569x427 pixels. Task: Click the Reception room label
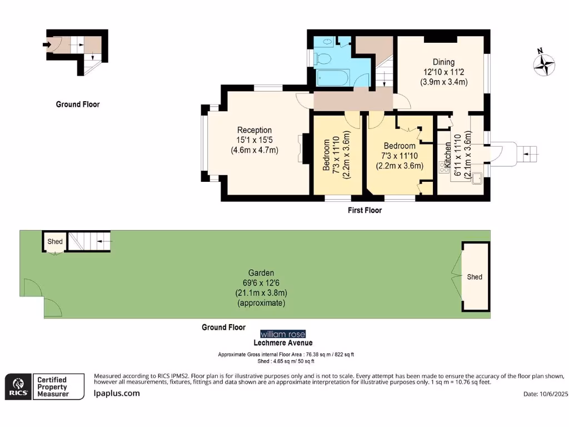coord(254,130)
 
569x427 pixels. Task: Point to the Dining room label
coord(443,62)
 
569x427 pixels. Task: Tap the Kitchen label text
coord(448,155)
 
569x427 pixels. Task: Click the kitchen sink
coord(477,178)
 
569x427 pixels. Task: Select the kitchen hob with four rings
coord(444,167)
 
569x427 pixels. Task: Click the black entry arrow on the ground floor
coord(47,44)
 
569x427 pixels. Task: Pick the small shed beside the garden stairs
coord(55,241)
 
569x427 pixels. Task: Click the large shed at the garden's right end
coord(476,277)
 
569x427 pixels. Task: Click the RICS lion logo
coord(18,387)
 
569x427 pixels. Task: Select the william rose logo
coord(283,334)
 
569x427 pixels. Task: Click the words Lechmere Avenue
coord(283,342)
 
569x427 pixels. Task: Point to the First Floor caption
coord(365,210)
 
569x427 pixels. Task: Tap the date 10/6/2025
coord(553,394)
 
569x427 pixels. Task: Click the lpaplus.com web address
coord(117,393)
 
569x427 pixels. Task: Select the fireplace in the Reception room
coord(303,148)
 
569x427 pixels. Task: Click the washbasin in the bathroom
coord(328,42)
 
